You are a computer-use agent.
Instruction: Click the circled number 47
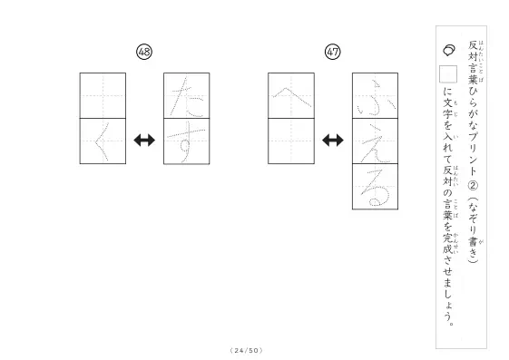pos(333,52)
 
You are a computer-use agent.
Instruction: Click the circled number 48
pos(144,52)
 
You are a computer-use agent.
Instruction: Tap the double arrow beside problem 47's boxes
pos(333,141)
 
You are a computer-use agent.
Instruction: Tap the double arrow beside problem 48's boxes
pos(144,141)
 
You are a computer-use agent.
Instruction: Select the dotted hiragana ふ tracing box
pos(375,96)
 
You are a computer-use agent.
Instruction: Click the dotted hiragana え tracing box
pos(375,141)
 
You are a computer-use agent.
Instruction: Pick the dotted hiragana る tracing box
pos(375,187)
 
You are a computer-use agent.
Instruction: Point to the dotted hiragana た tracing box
pos(187,96)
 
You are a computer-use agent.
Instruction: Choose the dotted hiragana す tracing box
pos(187,141)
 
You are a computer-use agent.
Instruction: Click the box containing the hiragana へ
pos(291,96)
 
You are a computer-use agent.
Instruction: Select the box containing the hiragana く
pos(103,141)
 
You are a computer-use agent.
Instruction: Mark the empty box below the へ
pos(291,141)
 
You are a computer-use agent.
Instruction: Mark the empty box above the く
pos(103,96)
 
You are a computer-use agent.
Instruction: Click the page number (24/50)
pos(247,350)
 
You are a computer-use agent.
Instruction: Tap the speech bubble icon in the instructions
pos(449,50)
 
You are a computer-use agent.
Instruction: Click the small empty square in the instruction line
pos(448,74)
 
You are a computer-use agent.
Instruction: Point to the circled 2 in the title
pos(473,186)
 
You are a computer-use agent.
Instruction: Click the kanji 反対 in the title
pos(473,51)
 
